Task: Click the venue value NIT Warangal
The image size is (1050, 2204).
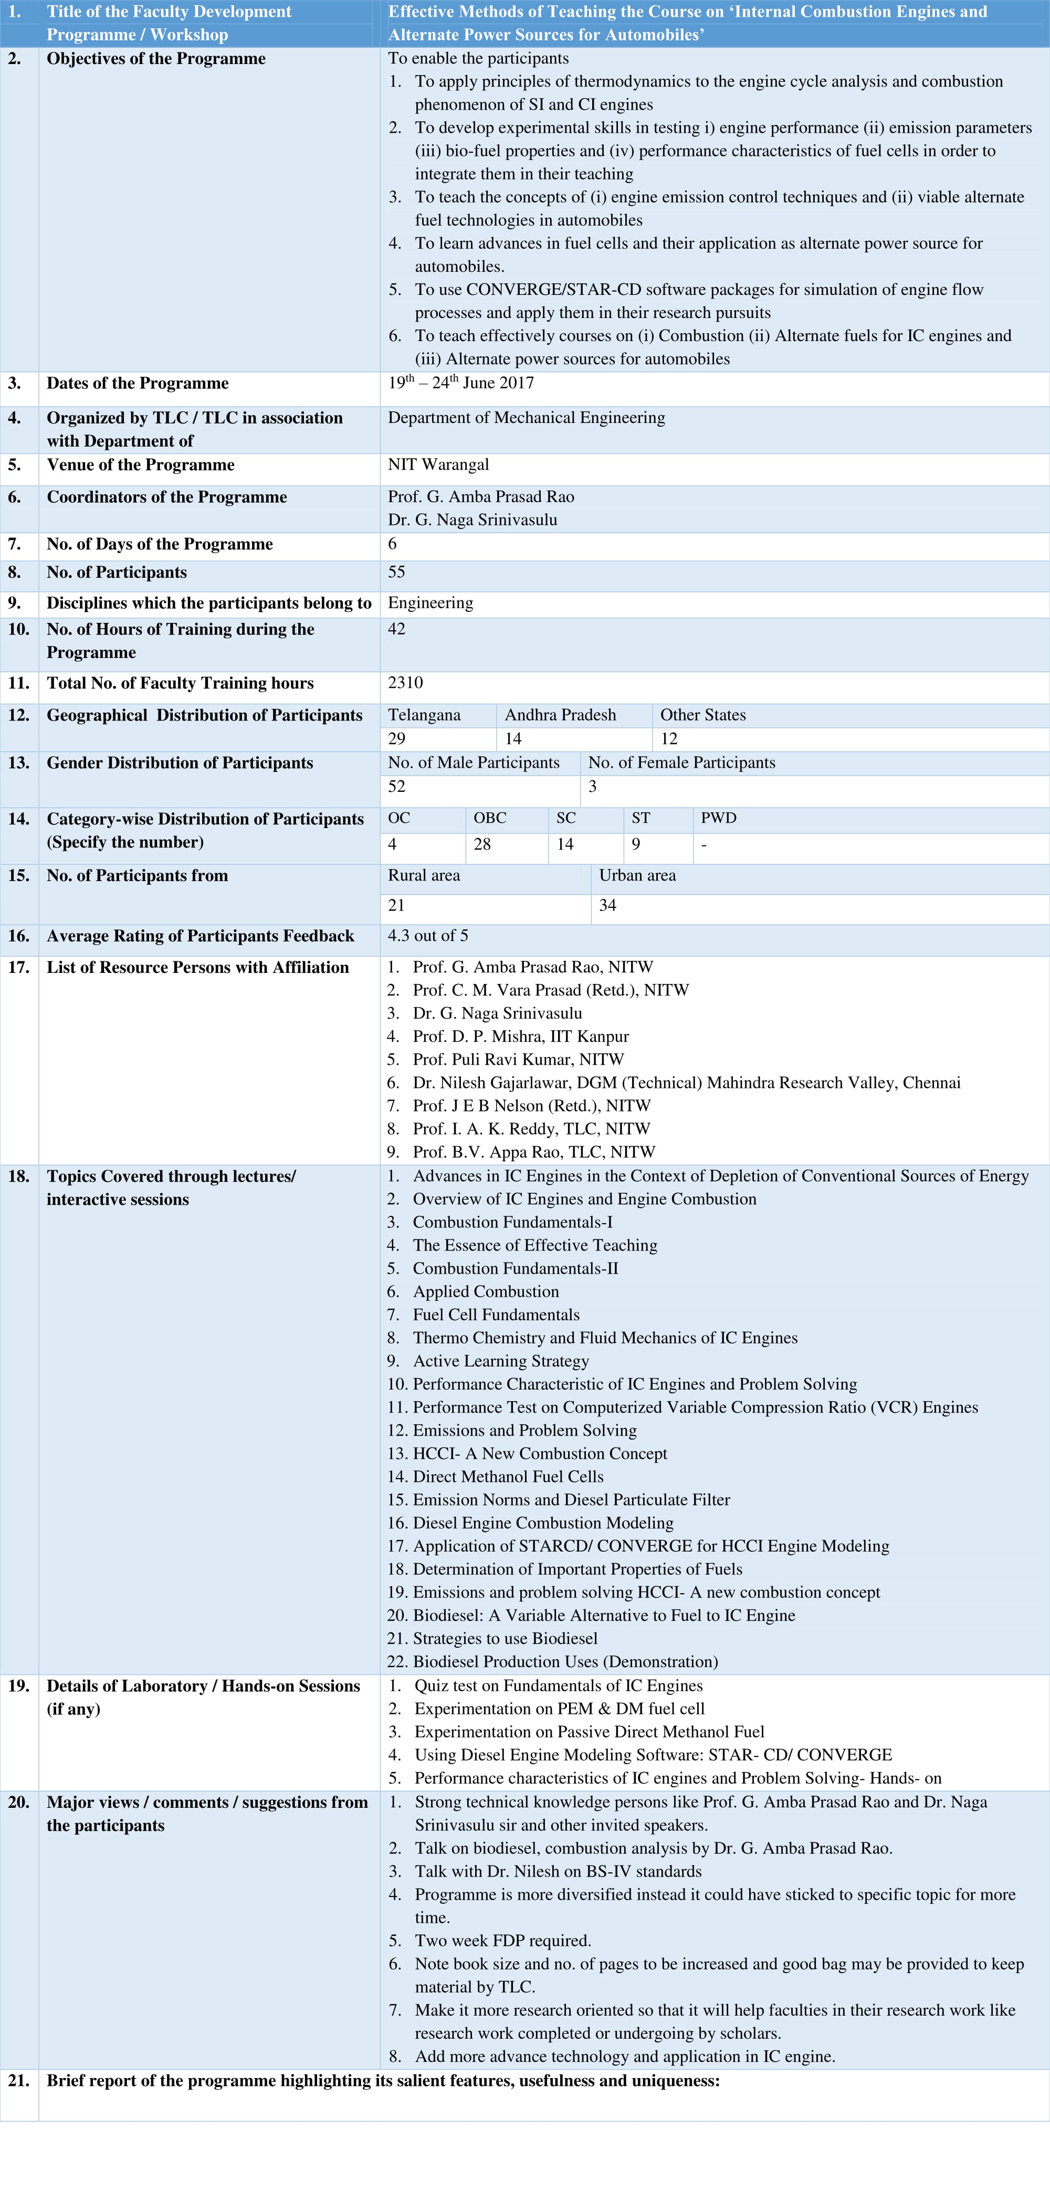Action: pos(438,464)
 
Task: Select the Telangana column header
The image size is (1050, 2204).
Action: pos(424,715)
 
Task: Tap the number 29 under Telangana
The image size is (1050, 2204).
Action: pos(397,738)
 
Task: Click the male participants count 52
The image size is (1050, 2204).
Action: pos(397,786)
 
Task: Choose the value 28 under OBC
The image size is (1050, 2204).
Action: pos(482,844)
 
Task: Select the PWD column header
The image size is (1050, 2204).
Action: pos(718,818)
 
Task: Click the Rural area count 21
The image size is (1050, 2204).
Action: pos(396,905)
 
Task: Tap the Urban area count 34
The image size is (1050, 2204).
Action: pos(607,905)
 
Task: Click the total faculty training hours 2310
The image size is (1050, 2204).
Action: pos(406,683)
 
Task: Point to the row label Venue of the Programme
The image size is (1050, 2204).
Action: pos(140,464)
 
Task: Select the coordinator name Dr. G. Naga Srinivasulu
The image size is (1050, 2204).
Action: pos(472,520)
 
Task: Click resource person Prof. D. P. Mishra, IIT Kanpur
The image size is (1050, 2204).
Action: pos(520,1036)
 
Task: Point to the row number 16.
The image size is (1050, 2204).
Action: pos(19,936)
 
